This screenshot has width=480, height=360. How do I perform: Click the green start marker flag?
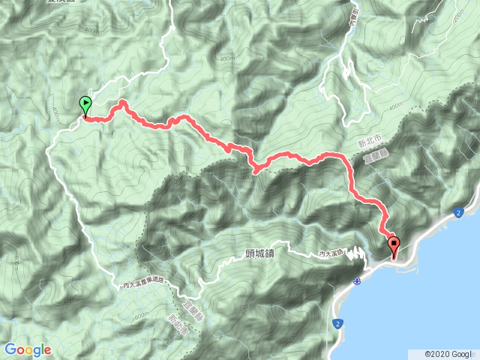[85, 105]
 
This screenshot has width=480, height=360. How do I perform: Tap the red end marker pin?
[394, 244]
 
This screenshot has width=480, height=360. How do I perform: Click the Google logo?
[28, 349]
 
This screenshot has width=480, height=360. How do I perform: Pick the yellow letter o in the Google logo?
[26, 350]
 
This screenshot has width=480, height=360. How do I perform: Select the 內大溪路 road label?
[331, 254]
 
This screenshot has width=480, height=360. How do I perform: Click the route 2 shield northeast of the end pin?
[458, 214]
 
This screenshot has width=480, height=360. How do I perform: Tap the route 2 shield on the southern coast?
[339, 323]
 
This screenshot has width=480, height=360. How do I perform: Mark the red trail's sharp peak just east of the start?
[121, 101]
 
